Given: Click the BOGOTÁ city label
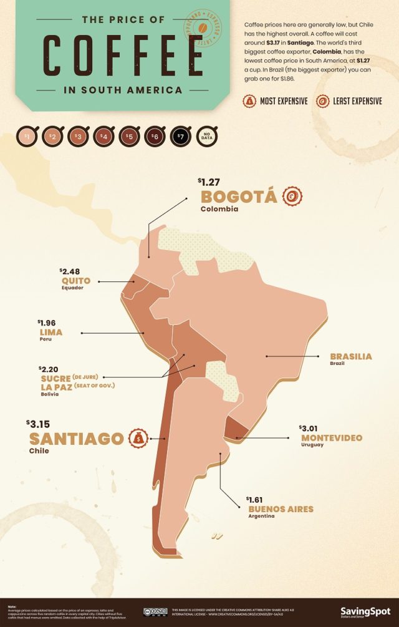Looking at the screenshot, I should click(x=238, y=197).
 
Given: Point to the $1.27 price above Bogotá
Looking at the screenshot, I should click(x=209, y=182).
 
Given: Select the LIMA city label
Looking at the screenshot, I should click(x=50, y=333).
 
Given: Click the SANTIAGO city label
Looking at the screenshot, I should click(x=76, y=439).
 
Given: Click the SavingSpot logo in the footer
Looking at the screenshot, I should click(x=365, y=610).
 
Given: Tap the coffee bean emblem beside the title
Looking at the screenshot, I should click(x=203, y=29).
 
